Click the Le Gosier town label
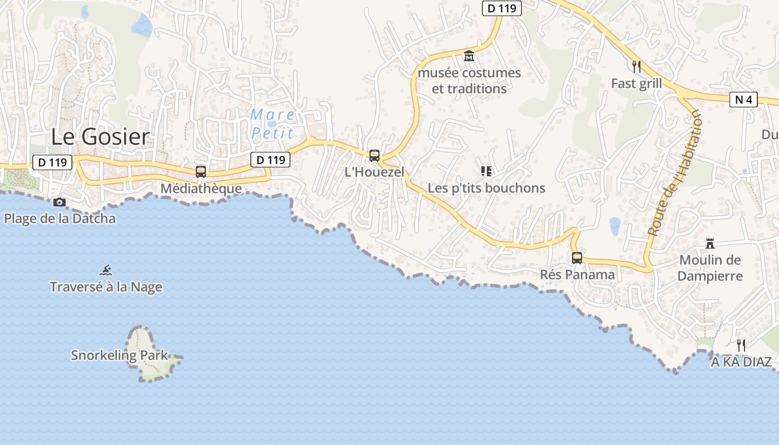[x=101, y=137]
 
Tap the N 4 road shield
[x=743, y=100]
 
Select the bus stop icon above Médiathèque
[x=201, y=172]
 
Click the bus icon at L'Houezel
[x=374, y=156]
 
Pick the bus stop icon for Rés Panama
[x=577, y=258]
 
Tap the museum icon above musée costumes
[x=469, y=57]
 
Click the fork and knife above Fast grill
[x=637, y=67]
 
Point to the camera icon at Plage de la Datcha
[x=60, y=202]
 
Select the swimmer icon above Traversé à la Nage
[x=106, y=271]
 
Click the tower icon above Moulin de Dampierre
[x=710, y=244]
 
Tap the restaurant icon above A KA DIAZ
[x=741, y=345]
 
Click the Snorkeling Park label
[x=119, y=355]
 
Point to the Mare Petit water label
[x=272, y=124]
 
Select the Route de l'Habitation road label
[x=675, y=173]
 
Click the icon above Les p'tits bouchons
[x=486, y=171]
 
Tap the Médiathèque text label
[x=201, y=189]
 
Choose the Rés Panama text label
[x=577, y=275]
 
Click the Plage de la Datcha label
[x=60, y=219]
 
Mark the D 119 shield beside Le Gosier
[x=53, y=163]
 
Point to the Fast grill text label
[x=637, y=83]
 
